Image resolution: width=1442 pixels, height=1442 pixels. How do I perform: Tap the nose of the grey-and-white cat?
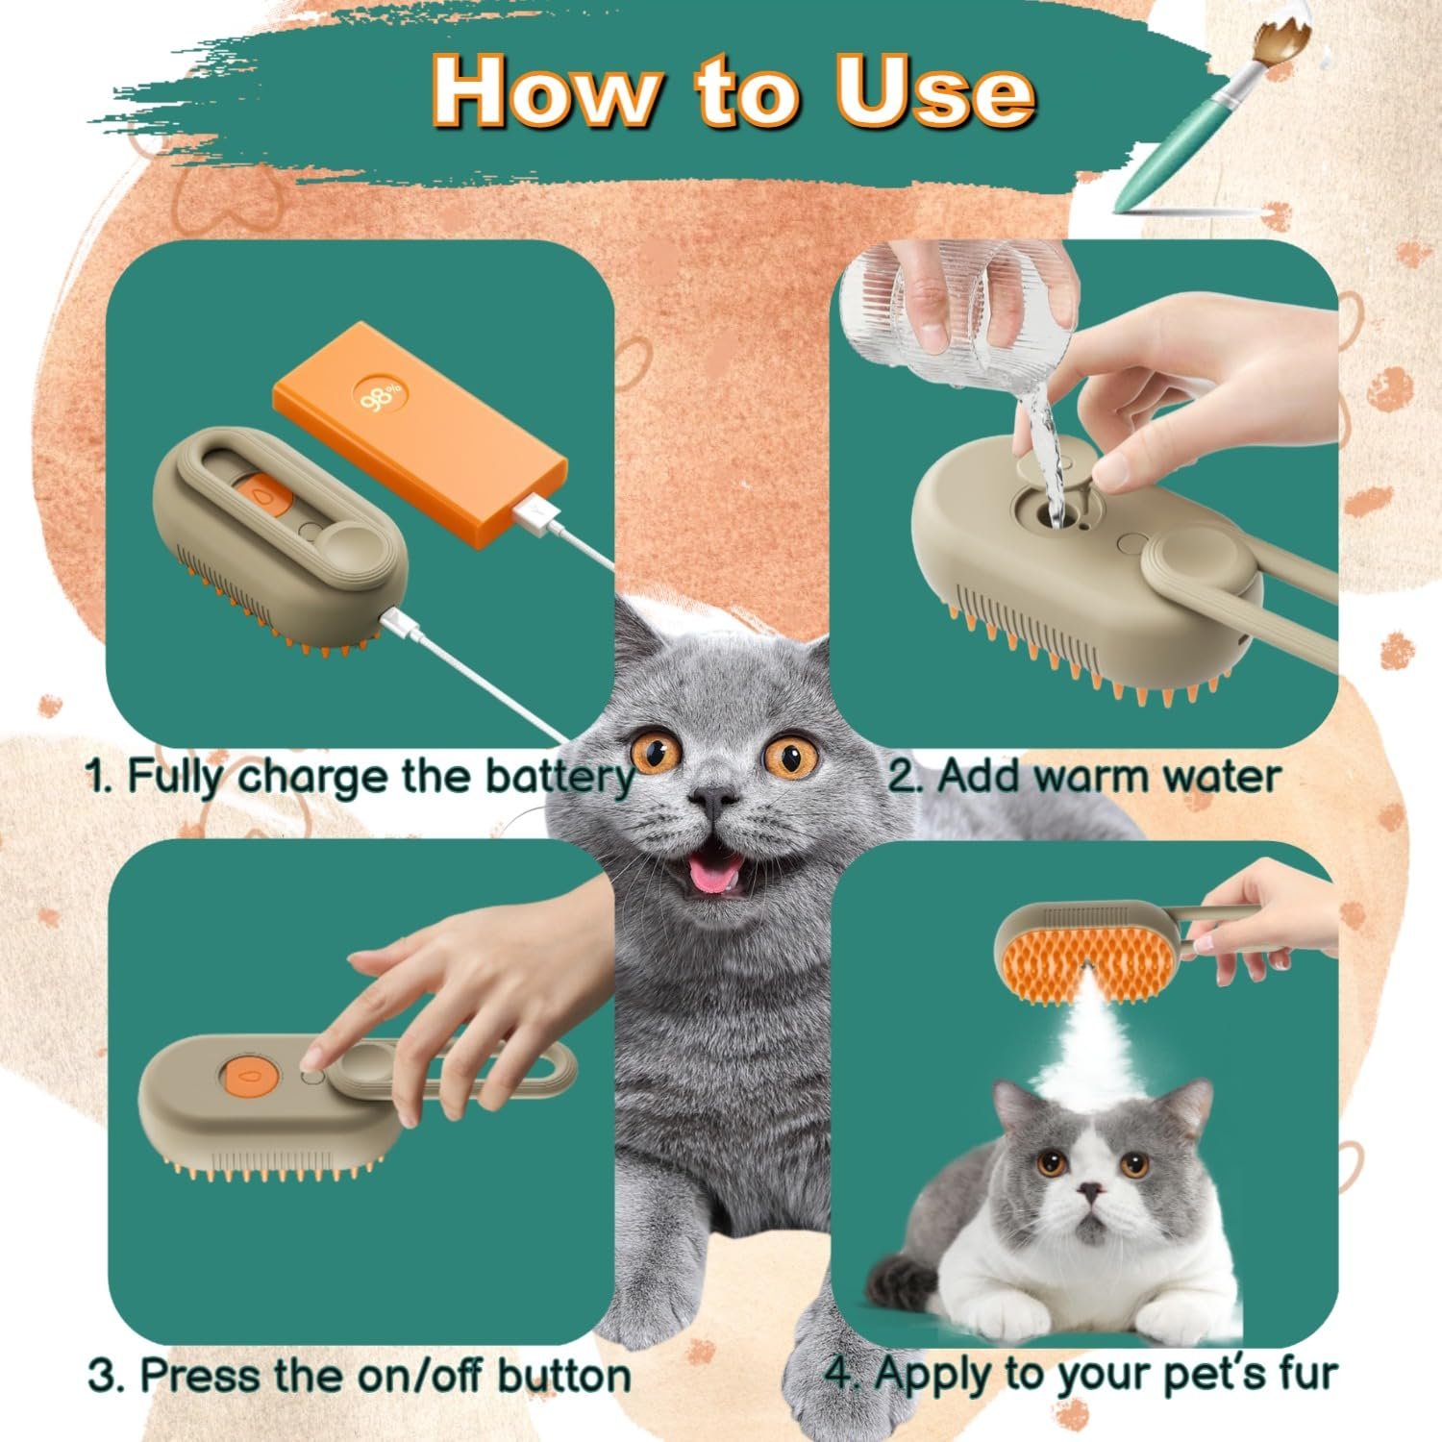(1090, 1191)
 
